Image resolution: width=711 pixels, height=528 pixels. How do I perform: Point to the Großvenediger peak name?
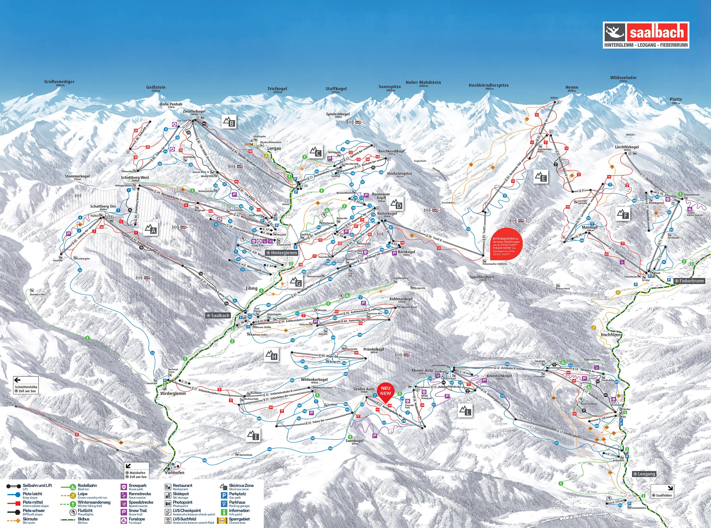point(59,82)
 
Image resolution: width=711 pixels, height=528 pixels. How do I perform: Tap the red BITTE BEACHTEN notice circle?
point(506,245)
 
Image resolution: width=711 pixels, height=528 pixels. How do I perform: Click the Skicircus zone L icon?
point(465,411)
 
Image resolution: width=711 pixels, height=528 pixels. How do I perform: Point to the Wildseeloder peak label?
point(623,78)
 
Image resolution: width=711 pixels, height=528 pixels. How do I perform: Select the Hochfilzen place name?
point(610,335)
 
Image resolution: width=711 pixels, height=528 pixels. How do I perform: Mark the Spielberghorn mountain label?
point(482,277)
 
